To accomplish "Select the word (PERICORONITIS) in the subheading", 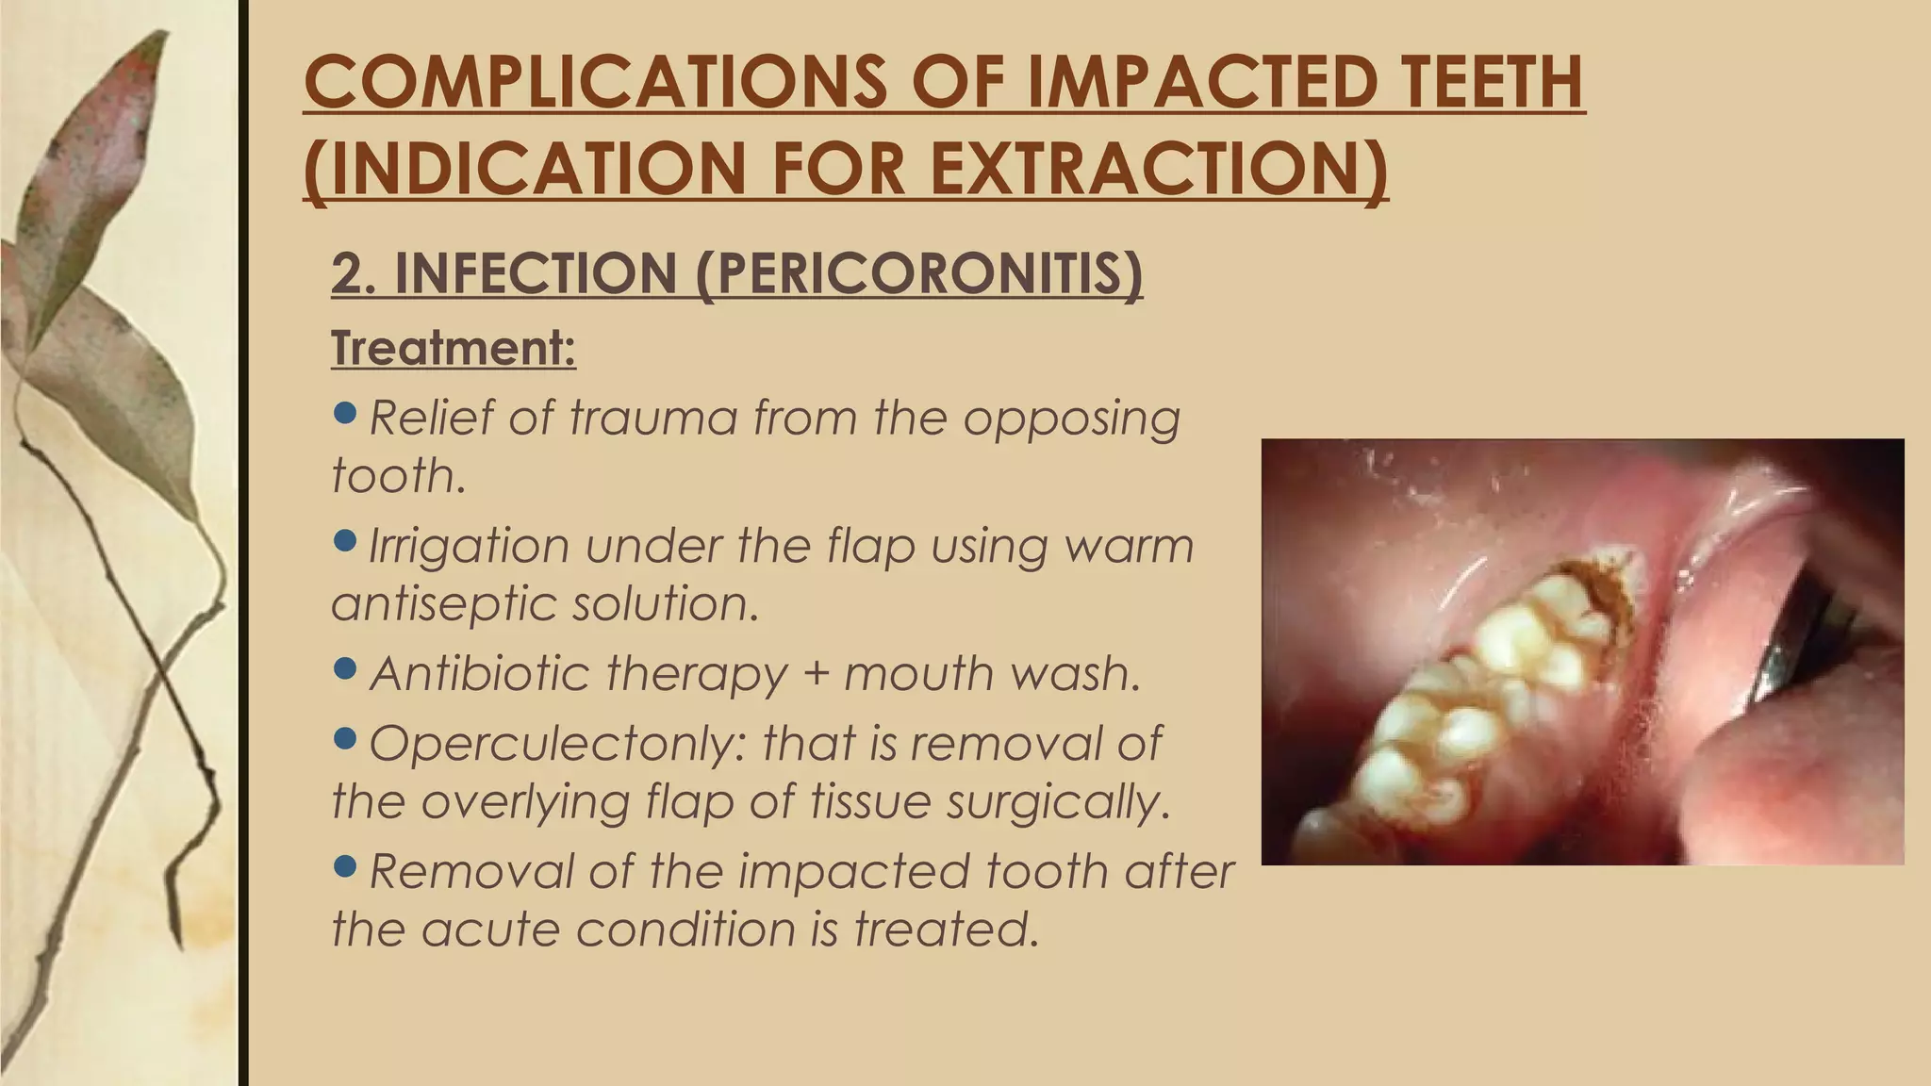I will [x=919, y=273].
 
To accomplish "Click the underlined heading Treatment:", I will [x=453, y=348].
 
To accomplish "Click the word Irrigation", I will [x=469, y=546].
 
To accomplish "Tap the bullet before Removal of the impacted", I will [x=346, y=864].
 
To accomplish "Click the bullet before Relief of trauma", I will [x=346, y=412].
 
